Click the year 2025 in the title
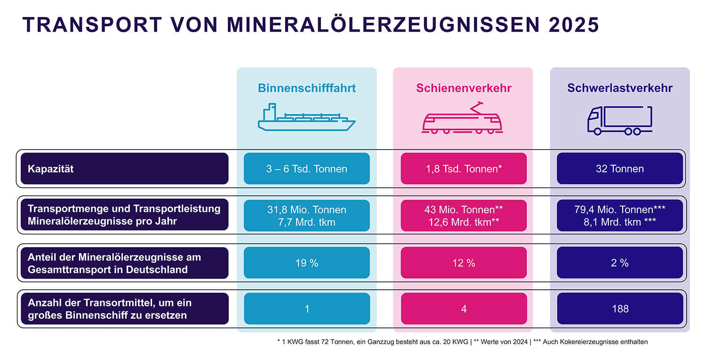click(x=574, y=25)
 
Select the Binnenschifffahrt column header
click(x=307, y=88)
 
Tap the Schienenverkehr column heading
click(x=464, y=88)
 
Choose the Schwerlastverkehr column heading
click(x=620, y=88)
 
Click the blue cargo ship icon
click(x=307, y=117)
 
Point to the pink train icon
click(x=462, y=118)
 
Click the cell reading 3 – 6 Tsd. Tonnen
click(x=307, y=168)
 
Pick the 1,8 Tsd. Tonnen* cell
click(x=464, y=168)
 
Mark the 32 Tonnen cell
click(x=620, y=168)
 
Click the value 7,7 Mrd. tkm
click(x=307, y=222)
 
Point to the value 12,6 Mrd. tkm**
click(x=464, y=222)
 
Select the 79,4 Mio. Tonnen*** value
click(x=620, y=209)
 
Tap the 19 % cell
click(x=307, y=263)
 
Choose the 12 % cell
click(x=464, y=263)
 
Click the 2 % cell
click(x=620, y=263)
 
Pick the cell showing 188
click(x=620, y=309)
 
